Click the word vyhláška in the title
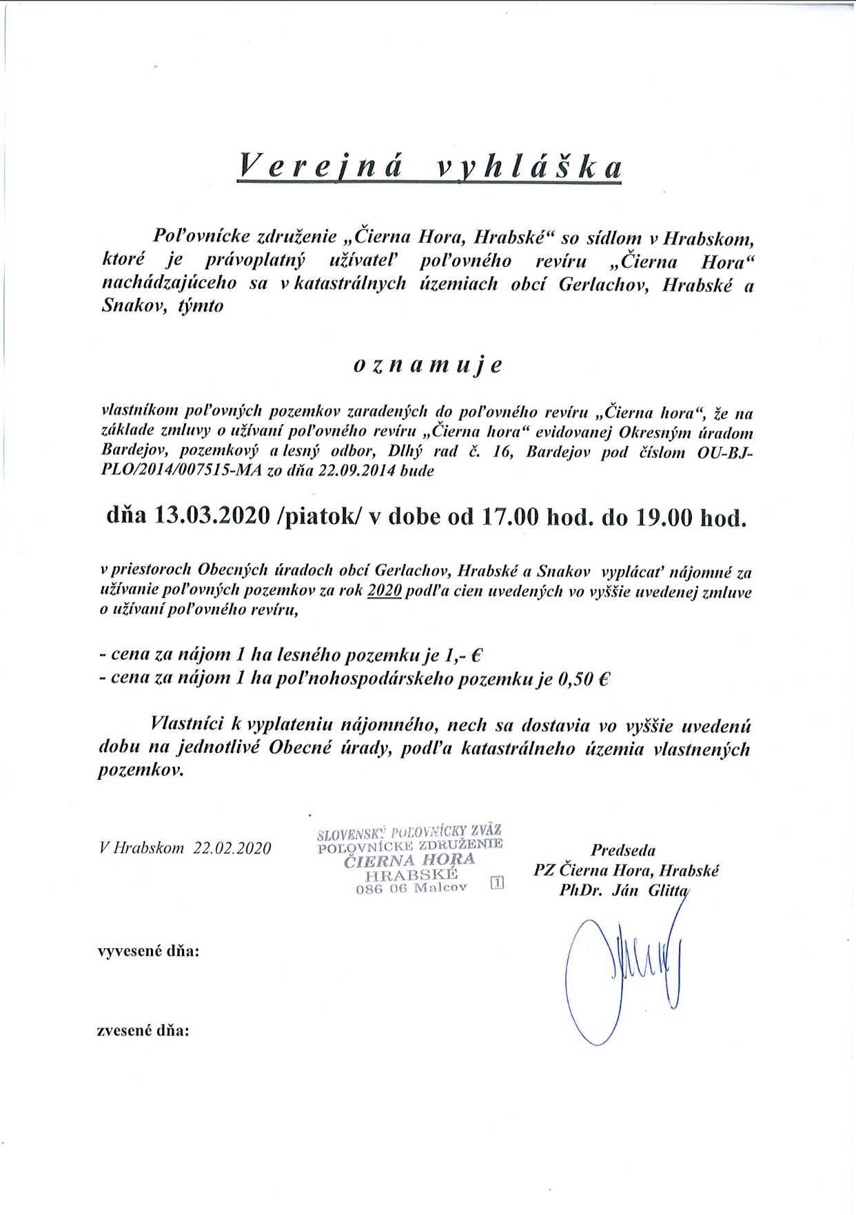click(529, 167)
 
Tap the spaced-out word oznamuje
click(427, 365)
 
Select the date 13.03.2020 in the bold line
click(212, 516)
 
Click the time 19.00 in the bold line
click(662, 516)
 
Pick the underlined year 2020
click(385, 591)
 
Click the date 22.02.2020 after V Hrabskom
click(232, 848)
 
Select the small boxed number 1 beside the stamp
click(497, 882)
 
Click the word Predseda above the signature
click(623, 850)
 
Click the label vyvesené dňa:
click(148, 952)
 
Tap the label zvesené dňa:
click(143, 1031)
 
